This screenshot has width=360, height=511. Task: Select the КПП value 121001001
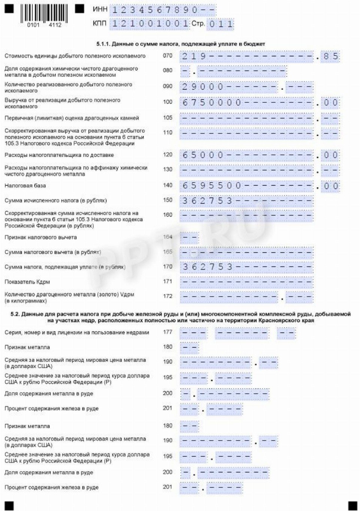click(x=150, y=24)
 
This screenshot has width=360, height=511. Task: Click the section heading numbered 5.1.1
click(x=181, y=44)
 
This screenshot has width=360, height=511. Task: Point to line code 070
click(x=167, y=56)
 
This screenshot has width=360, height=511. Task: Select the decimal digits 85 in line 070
click(x=331, y=57)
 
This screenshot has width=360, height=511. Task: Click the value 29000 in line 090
click(x=202, y=87)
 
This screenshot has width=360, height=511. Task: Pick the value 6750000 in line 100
click(x=212, y=103)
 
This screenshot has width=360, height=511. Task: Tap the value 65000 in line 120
click(x=202, y=155)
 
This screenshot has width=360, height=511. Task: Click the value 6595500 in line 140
click(x=212, y=186)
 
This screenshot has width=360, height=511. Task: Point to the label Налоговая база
click(x=25, y=186)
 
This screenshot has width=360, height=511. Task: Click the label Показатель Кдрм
click(x=27, y=282)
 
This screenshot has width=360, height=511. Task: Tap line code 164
click(x=167, y=237)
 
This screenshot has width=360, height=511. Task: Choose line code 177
click(x=167, y=332)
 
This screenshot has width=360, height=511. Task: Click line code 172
click(x=167, y=296)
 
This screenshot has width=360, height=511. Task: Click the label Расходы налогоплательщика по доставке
click(x=59, y=155)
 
